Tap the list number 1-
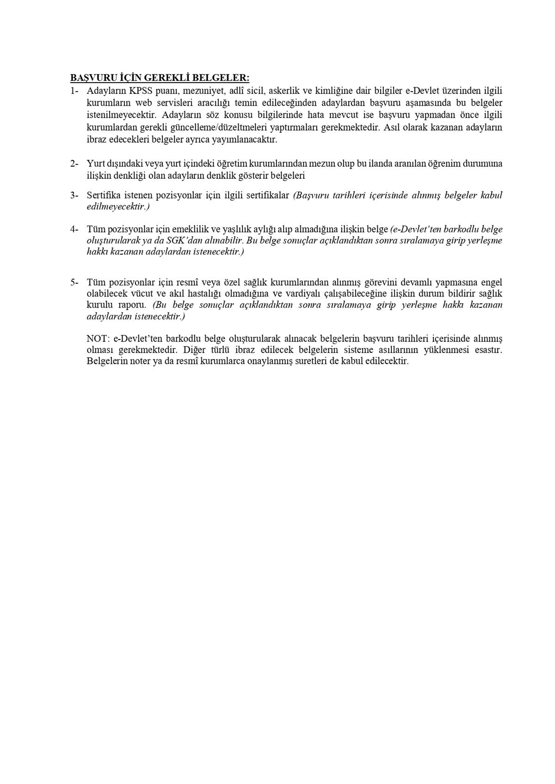(74, 91)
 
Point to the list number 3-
(74, 195)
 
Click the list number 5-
(74, 282)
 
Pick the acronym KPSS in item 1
(140, 91)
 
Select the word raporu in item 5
(131, 305)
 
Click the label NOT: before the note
(97, 339)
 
